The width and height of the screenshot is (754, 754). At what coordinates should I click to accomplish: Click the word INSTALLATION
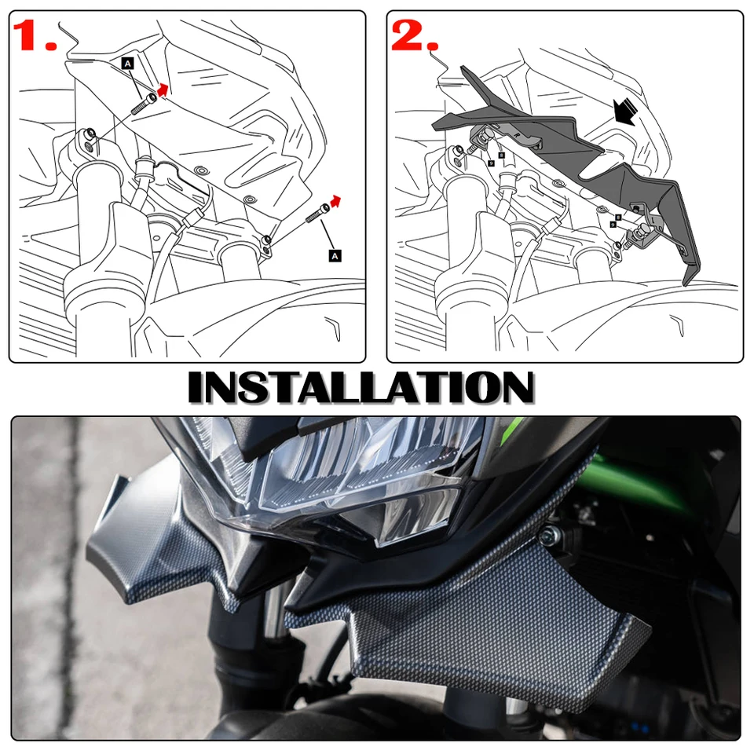click(x=361, y=388)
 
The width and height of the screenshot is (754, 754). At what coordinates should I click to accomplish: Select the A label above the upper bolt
click(x=127, y=62)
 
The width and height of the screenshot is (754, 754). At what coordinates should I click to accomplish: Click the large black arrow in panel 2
click(x=625, y=111)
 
